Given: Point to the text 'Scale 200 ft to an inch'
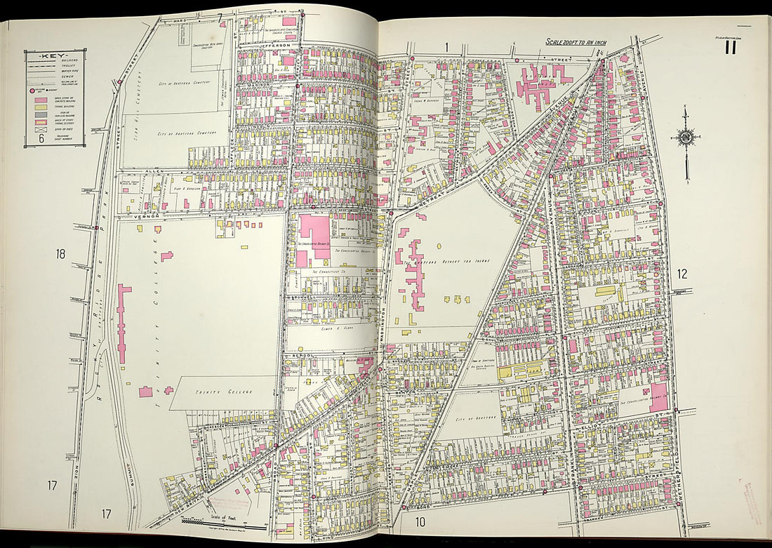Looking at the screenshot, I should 576,43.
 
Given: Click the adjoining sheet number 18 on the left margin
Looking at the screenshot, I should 61,254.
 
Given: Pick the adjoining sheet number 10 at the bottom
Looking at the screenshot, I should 420,521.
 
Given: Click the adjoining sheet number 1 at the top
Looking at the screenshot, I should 445,47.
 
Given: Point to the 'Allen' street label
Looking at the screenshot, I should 152,171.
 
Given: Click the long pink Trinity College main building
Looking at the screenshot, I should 123,323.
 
